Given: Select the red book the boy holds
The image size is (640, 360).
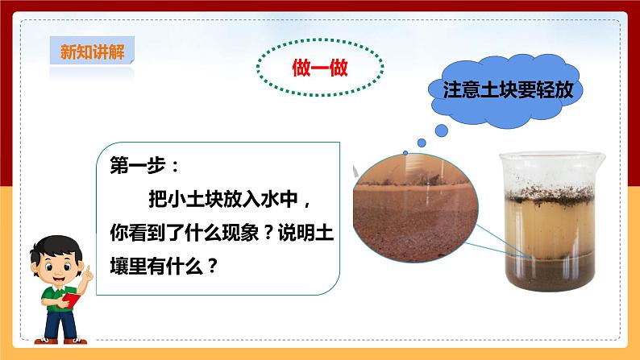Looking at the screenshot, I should click(x=72, y=300).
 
